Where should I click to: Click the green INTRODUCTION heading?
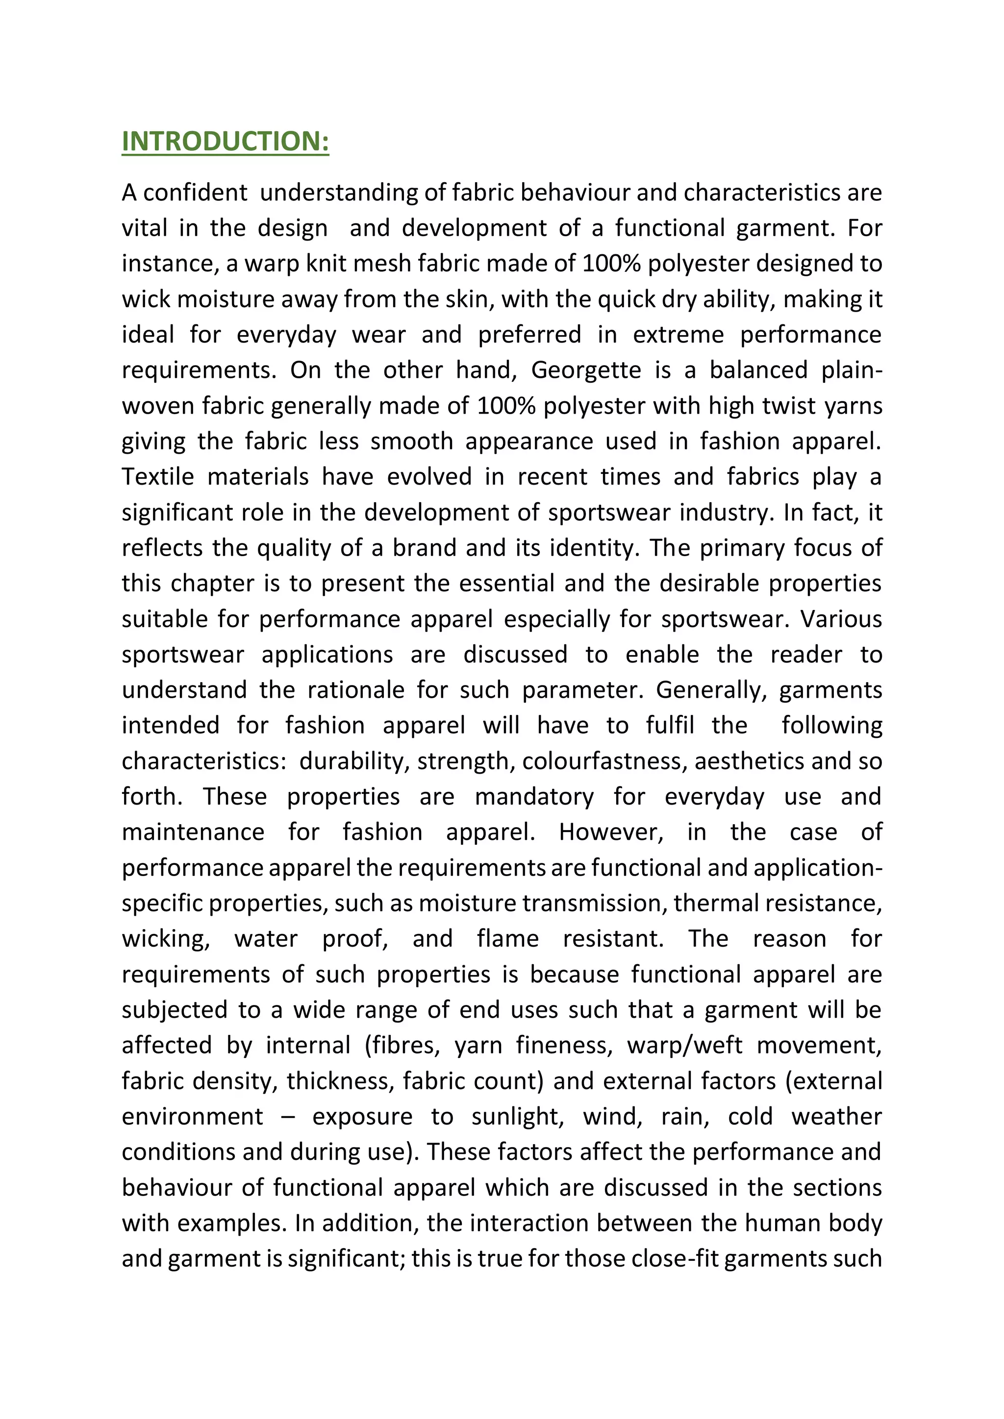coord(225,142)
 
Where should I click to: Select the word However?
coord(610,832)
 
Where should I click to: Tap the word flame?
coord(507,939)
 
